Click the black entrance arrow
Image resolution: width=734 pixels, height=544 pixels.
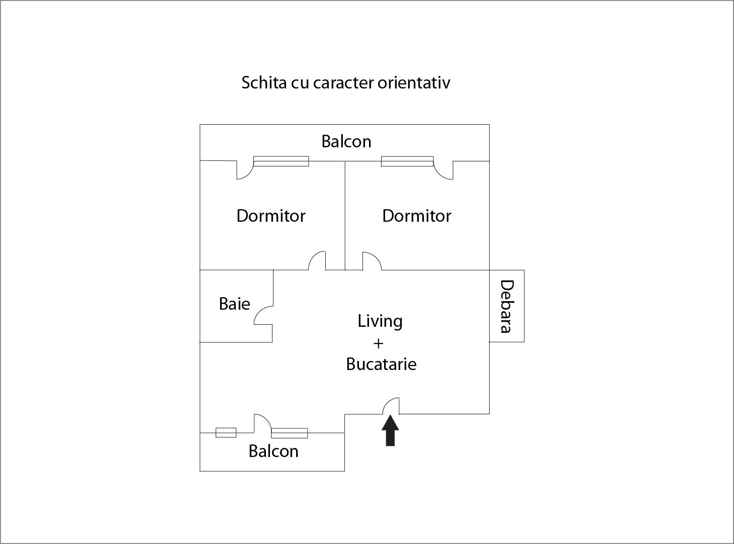click(390, 430)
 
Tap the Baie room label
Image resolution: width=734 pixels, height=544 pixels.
click(234, 304)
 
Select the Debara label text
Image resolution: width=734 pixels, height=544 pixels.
click(507, 306)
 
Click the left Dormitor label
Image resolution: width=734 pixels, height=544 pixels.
click(270, 216)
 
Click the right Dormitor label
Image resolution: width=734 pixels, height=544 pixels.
click(416, 216)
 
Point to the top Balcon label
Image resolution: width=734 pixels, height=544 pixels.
click(346, 141)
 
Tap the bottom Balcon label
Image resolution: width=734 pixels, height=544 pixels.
click(273, 451)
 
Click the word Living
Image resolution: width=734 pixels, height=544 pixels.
click(380, 321)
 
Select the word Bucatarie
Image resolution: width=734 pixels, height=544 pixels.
click(381, 364)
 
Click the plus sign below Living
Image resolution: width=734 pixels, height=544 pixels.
click(378, 344)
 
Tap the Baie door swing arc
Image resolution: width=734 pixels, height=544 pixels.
click(263, 315)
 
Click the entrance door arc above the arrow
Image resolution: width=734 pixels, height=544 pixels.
click(391, 406)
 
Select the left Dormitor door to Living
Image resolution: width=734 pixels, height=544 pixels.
click(317, 260)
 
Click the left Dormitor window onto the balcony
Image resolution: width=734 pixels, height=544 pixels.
click(281, 161)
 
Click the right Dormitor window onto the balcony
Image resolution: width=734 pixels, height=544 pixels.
click(407, 161)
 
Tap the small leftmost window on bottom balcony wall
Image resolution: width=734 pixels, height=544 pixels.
click(226, 433)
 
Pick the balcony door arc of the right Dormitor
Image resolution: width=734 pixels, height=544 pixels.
click(443, 170)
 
